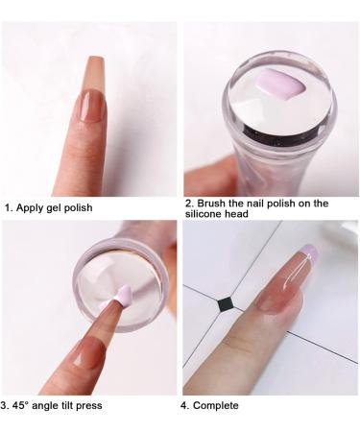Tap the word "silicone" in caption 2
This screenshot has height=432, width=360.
(x=207, y=216)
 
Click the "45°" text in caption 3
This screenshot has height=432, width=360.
(x=26, y=405)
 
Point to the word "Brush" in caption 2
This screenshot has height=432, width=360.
(x=215, y=204)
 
